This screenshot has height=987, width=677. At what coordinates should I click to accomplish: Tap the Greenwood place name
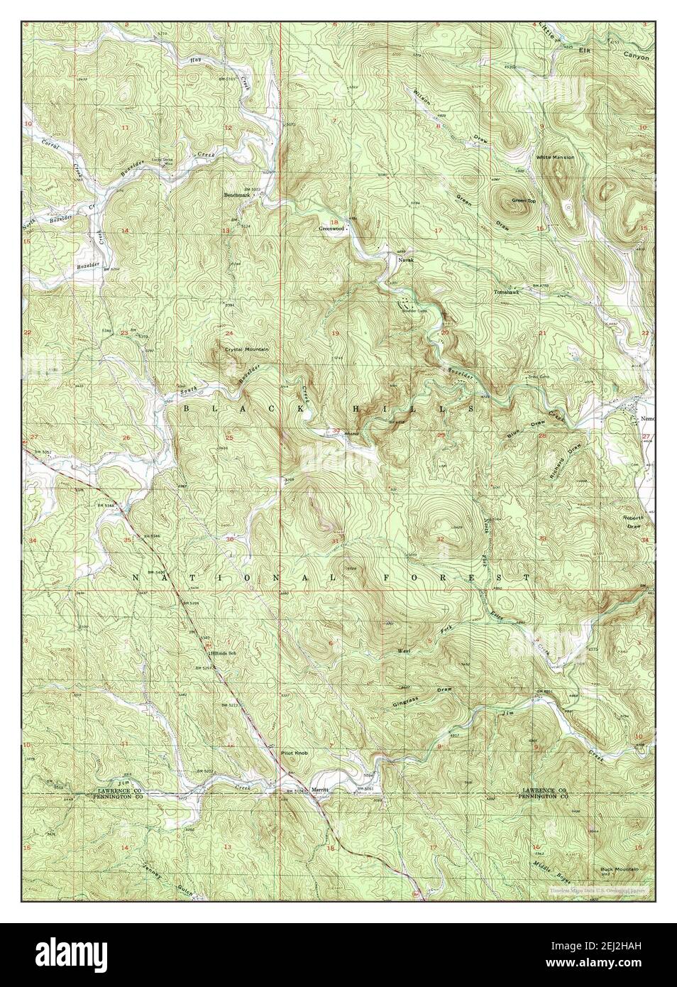point(331,229)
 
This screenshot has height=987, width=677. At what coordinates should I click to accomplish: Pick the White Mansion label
point(556,157)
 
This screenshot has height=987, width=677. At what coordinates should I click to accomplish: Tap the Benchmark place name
point(238,195)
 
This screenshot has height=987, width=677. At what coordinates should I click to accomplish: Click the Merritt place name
point(321,789)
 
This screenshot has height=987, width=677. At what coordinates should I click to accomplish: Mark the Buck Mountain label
point(619,869)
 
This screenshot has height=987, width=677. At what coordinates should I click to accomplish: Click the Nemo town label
point(642,418)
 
